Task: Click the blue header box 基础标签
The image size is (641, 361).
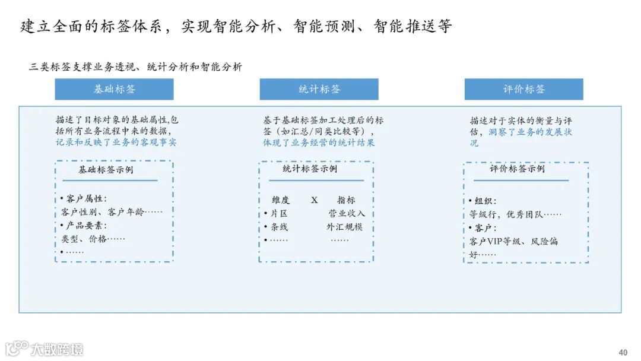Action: [x=114, y=89]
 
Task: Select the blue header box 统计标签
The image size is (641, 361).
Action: [x=319, y=89]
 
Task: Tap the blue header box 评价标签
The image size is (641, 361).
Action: [x=523, y=89]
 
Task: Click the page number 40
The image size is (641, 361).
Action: [x=623, y=352]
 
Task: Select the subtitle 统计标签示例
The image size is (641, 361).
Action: [x=310, y=169]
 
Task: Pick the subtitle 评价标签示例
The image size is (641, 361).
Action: [x=517, y=169]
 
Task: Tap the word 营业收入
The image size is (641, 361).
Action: [x=347, y=214]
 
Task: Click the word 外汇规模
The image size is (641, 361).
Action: [x=344, y=227]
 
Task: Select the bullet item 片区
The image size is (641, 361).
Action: [x=279, y=214]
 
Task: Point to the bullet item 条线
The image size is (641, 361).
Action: [x=279, y=227]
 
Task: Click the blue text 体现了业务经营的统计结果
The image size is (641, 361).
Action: [x=319, y=142]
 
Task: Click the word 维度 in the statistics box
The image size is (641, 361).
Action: [x=281, y=200]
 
